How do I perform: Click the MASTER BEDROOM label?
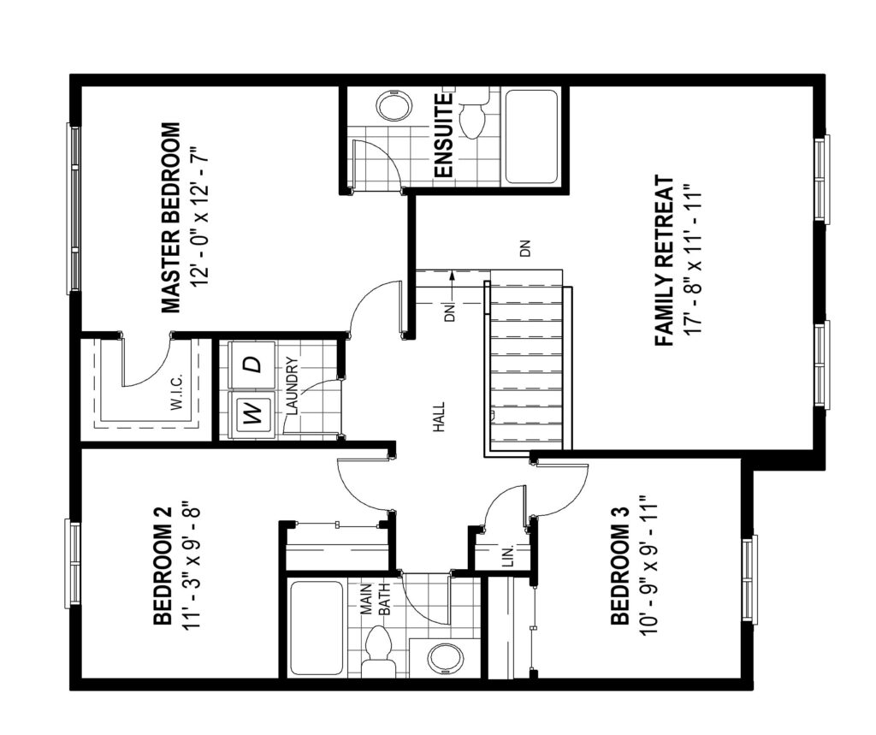[171, 218]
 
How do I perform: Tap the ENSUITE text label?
[443, 136]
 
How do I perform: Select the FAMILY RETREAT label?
[664, 261]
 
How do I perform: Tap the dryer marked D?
[252, 365]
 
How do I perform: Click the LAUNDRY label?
[294, 385]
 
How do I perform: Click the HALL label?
[439, 417]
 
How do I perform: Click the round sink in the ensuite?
[394, 104]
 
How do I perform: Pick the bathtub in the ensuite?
[531, 137]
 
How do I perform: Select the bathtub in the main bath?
[317, 629]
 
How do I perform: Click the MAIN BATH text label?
[375, 600]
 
